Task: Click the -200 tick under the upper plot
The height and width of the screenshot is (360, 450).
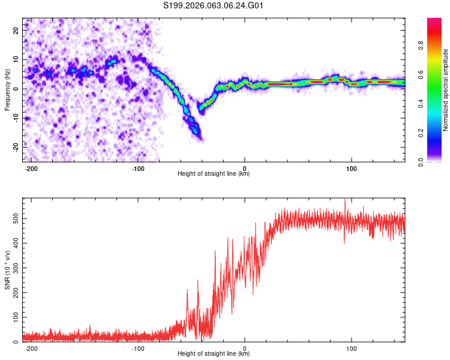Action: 31,168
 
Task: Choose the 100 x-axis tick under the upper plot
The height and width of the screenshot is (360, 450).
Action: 352,168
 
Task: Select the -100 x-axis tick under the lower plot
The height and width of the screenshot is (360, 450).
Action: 138,348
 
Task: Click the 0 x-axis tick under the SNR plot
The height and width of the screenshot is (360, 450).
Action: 245,348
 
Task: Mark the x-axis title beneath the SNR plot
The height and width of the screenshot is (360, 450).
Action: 214,354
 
